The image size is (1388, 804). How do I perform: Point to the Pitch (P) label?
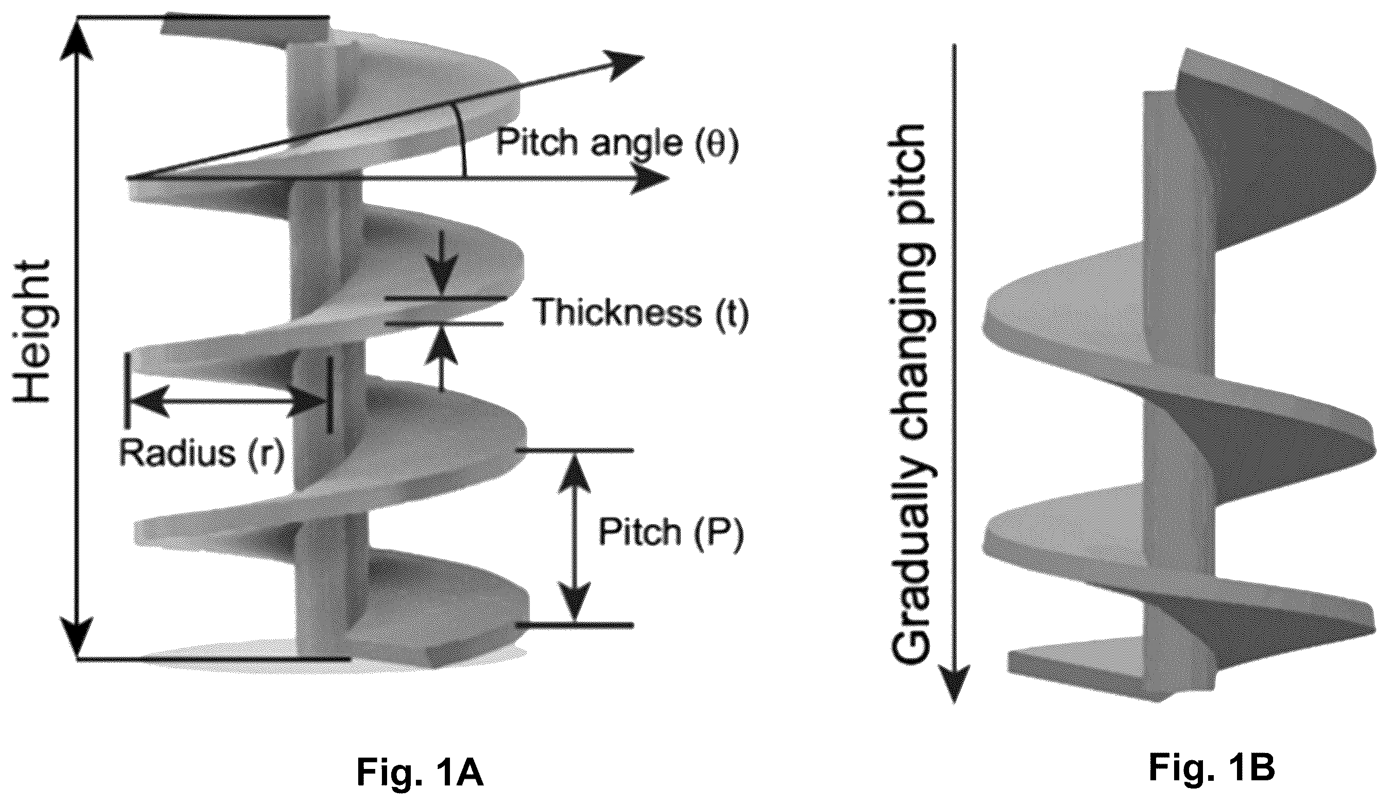[x=672, y=532]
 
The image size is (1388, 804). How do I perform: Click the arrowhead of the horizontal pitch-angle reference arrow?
[x=650, y=178]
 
